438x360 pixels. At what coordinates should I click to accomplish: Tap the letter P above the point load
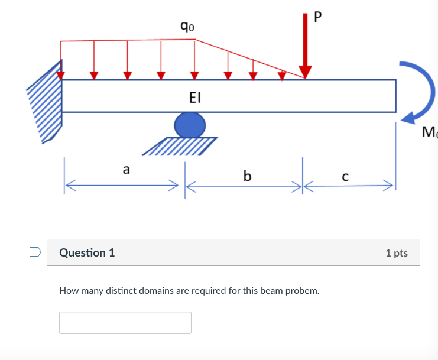point(319,17)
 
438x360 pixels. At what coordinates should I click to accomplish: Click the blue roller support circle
point(190,125)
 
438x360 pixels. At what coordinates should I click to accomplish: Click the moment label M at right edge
point(430,131)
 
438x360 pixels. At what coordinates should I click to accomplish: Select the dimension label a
point(125,169)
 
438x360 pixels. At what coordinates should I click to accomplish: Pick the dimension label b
point(246,176)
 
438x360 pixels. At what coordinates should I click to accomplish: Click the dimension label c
point(345,176)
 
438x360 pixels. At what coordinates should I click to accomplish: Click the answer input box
point(125,323)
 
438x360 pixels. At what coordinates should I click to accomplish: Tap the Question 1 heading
point(87,253)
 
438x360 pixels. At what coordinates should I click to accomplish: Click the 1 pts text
point(396,253)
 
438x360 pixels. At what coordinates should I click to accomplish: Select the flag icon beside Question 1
point(35,252)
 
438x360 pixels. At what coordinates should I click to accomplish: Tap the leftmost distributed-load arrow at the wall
point(61,68)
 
